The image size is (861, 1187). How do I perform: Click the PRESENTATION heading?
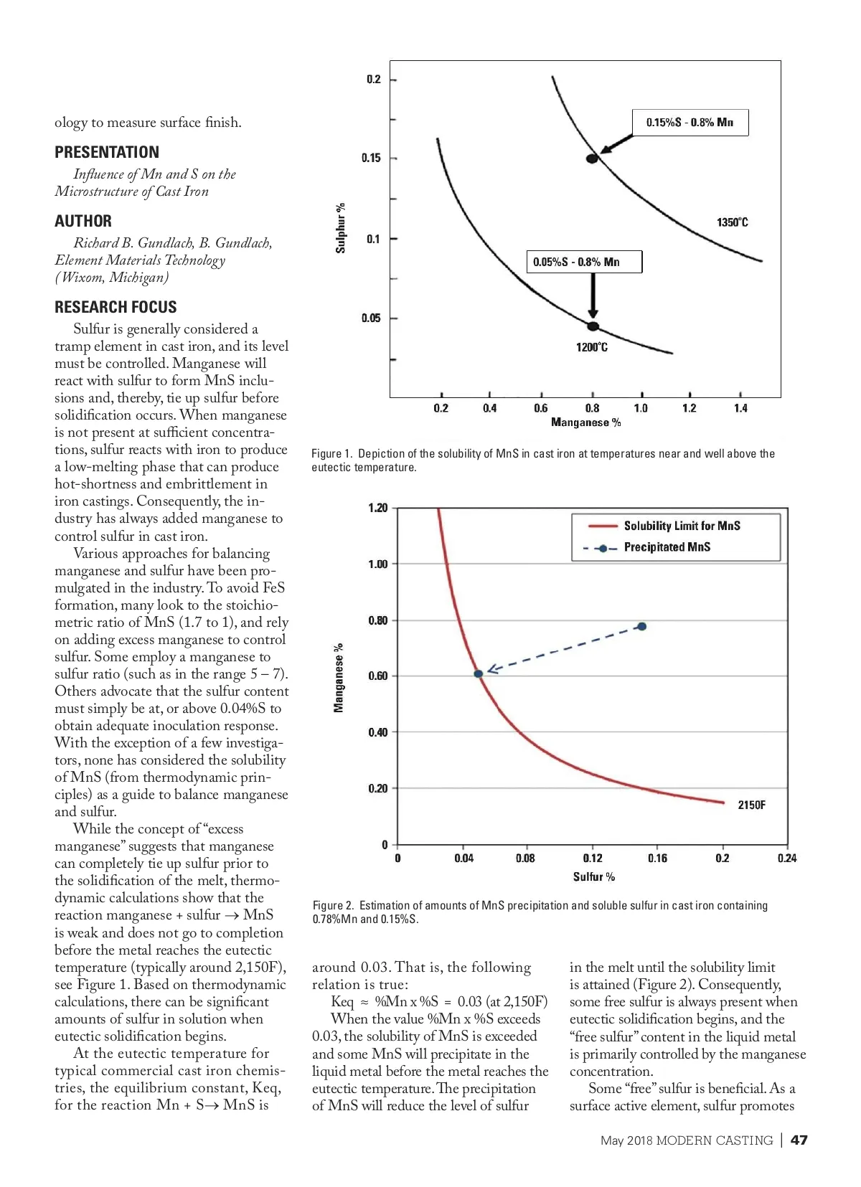(107, 152)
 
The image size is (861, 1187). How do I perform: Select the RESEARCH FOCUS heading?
(116, 307)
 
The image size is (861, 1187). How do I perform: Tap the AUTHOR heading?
(83, 221)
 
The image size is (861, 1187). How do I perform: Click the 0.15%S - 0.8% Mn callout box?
(690, 123)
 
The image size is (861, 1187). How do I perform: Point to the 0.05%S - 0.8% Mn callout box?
(584, 262)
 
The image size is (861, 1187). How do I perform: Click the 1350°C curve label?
(732, 222)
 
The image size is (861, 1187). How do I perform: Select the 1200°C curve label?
(591, 348)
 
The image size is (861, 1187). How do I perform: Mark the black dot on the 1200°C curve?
(593, 326)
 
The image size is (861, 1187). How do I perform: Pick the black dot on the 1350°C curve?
(592, 159)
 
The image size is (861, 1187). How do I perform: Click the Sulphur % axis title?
(341, 228)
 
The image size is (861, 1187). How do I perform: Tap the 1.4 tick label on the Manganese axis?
(740, 408)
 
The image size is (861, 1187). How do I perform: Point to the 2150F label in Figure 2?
(751, 805)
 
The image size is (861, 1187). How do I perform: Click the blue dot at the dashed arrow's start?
(642, 626)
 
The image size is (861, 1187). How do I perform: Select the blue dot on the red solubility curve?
(479, 673)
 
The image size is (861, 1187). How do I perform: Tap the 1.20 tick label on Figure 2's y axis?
(377, 508)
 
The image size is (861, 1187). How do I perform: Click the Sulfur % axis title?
(593, 876)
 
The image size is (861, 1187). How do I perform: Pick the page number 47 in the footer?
(799, 1140)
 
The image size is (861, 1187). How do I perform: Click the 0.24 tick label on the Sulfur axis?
(786, 858)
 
